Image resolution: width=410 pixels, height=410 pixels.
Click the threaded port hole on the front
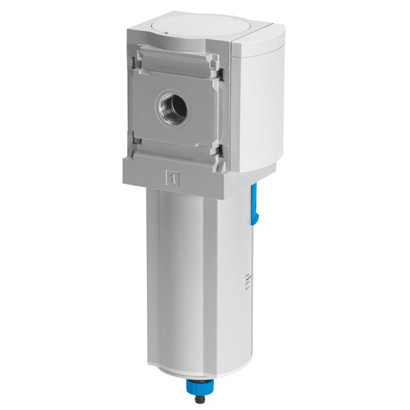point(168,105)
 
